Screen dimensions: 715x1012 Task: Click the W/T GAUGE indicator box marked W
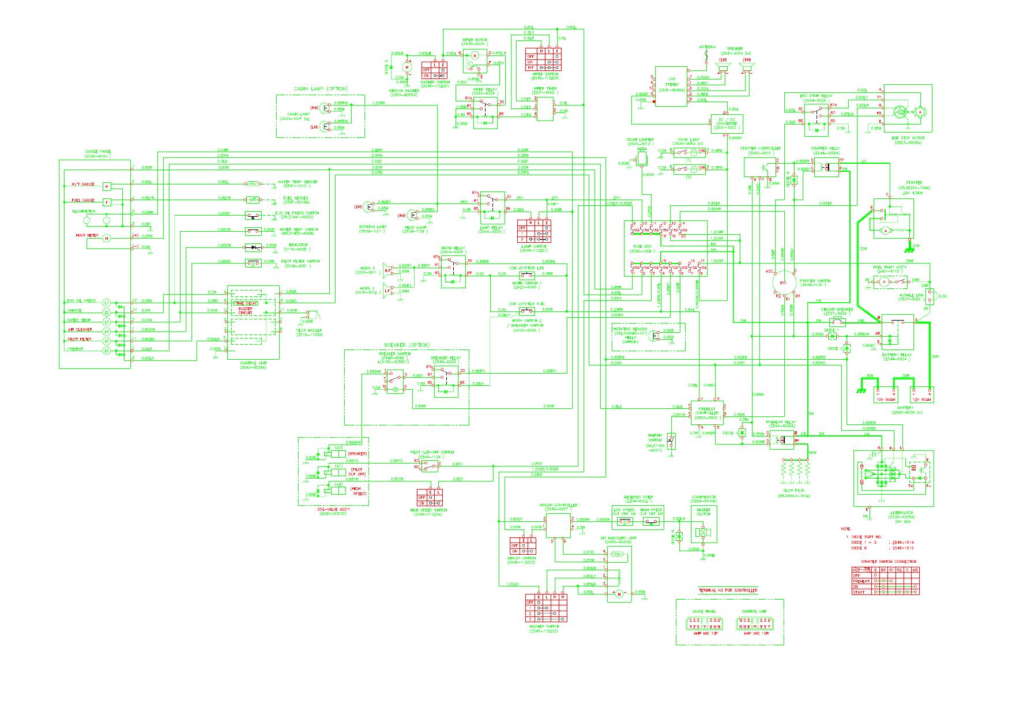pyautogui.click(x=107, y=186)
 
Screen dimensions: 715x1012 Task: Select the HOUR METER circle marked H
pyautogui.click(x=106, y=238)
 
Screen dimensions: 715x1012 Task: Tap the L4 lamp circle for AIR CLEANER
pyautogui.click(x=106, y=332)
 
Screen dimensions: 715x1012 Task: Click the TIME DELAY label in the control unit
pyautogui.click(x=245, y=303)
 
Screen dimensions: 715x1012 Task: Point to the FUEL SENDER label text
pyautogui.click(x=295, y=198)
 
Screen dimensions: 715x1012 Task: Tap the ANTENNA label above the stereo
pyautogui.click(x=707, y=47)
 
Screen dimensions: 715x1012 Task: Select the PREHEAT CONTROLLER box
pyautogui.click(x=707, y=412)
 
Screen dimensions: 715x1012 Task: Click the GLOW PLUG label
pyautogui.click(x=793, y=491)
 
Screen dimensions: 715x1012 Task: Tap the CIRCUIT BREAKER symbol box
pyautogui.click(x=837, y=322)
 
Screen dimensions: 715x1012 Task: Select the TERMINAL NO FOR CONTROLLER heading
pyautogui.click(x=728, y=590)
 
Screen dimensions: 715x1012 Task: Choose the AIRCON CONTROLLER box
pyautogui.click(x=558, y=524)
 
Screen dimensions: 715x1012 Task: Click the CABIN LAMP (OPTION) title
pyautogui.click(x=320, y=89)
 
